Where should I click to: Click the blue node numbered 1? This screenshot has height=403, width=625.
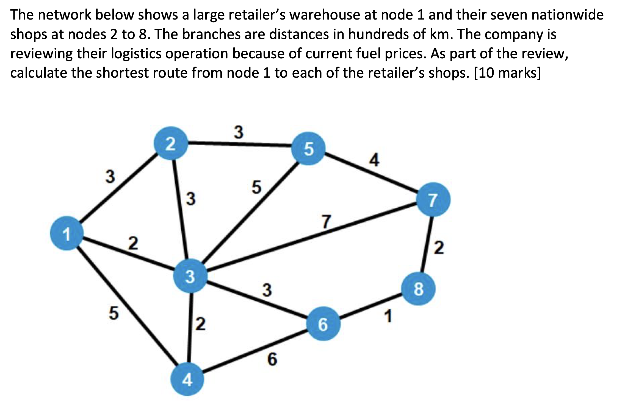pyautogui.click(x=67, y=233)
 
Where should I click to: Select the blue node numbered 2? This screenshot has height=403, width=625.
pyautogui.click(x=171, y=143)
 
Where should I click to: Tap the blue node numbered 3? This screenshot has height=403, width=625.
pyautogui.click(x=190, y=276)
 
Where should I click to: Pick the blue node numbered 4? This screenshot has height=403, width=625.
pyautogui.click(x=187, y=379)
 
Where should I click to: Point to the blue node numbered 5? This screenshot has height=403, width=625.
pyautogui.click(x=309, y=149)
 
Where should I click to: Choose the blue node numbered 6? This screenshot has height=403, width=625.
pyautogui.click(x=323, y=324)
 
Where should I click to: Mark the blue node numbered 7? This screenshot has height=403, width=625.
pyautogui.click(x=433, y=200)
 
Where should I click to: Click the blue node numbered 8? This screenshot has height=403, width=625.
pyautogui.click(x=418, y=289)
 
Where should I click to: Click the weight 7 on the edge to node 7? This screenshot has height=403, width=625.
pyautogui.click(x=326, y=222)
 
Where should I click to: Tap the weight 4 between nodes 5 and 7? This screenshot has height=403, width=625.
pyautogui.click(x=374, y=160)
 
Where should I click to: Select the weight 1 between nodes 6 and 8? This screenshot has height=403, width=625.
pyautogui.click(x=388, y=316)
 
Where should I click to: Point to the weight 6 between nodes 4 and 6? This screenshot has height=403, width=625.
pyautogui.click(x=272, y=359)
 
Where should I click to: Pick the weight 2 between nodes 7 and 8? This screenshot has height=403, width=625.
pyautogui.click(x=439, y=248)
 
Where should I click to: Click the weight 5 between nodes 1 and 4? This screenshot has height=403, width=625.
pyautogui.click(x=114, y=313)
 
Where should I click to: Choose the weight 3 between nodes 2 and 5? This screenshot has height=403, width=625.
pyautogui.click(x=239, y=132)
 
